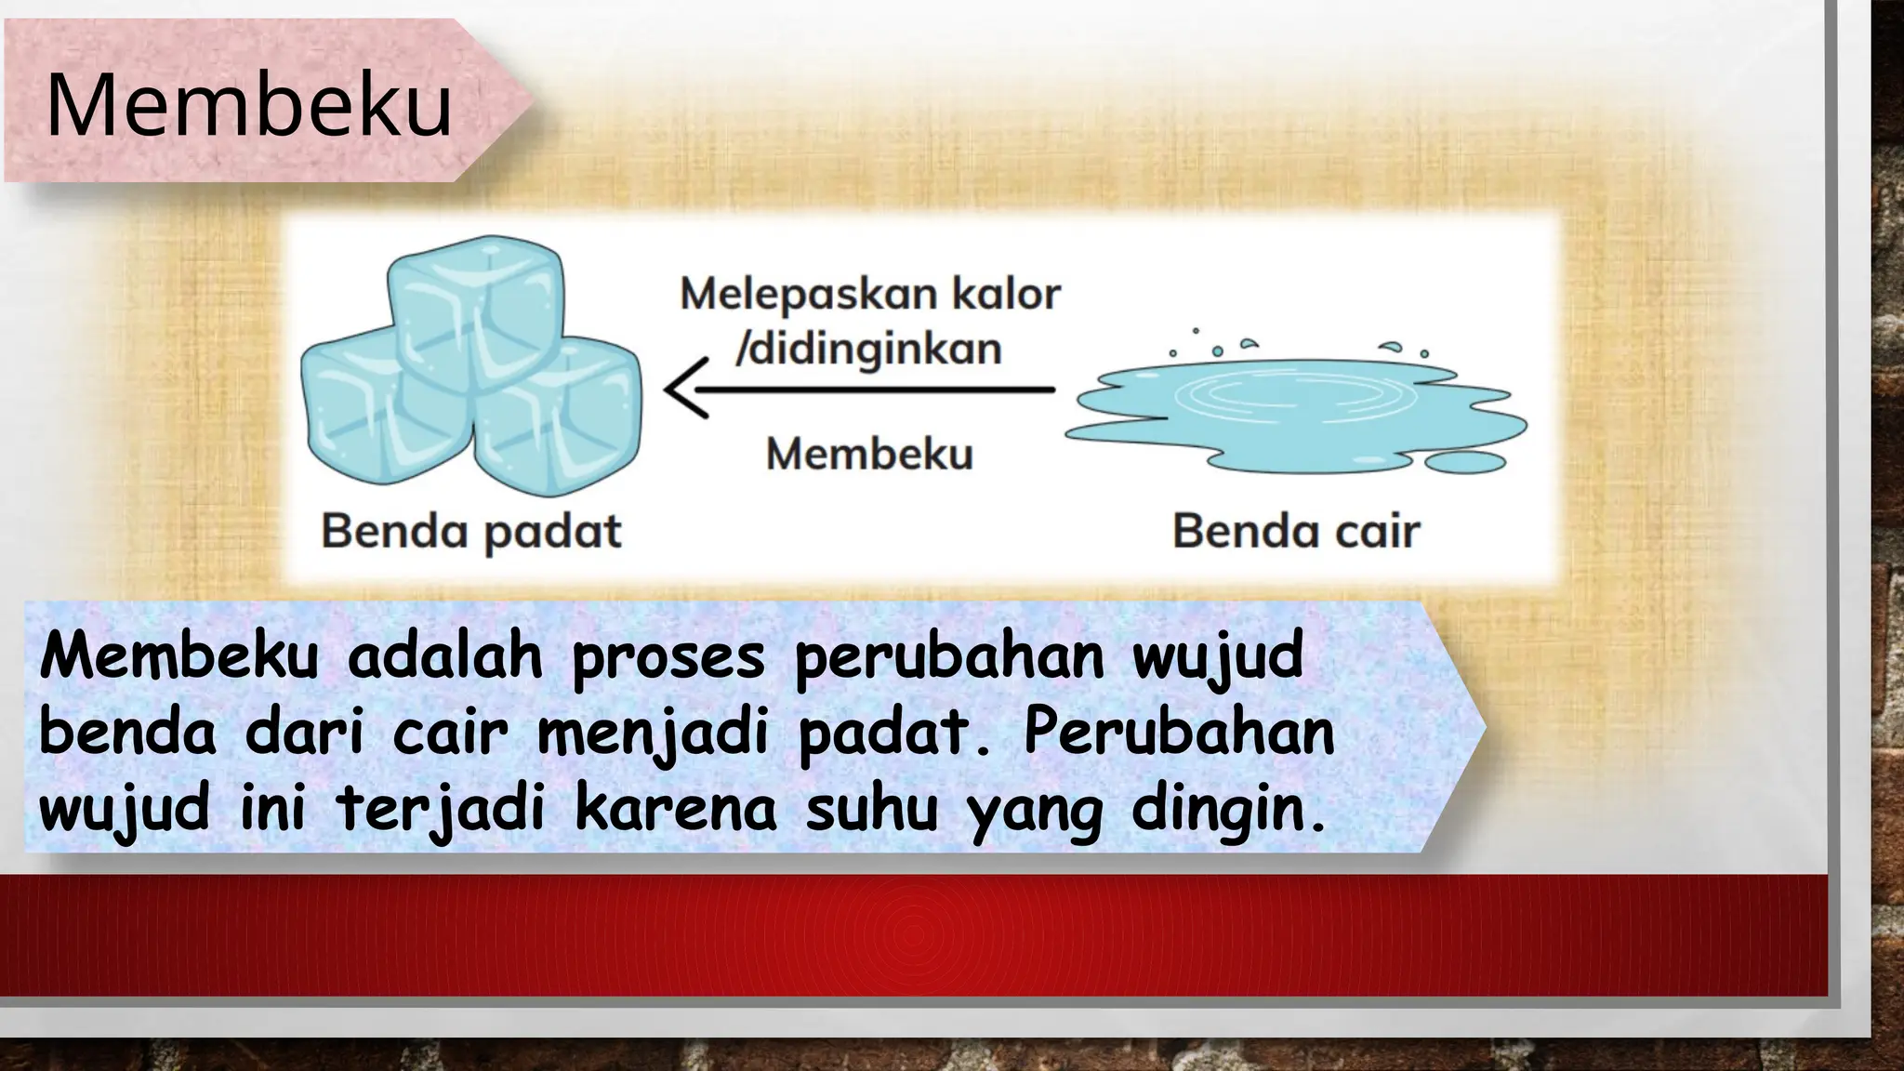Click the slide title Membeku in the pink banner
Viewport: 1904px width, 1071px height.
click(248, 104)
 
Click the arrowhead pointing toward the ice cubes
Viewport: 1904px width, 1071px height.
click(683, 390)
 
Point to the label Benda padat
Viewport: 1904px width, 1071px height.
click(470, 532)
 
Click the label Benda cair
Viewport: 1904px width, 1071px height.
click(1296, 532)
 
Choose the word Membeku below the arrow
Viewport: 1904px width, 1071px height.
click(868, 455)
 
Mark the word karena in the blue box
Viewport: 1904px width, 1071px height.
click(676, 809)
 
